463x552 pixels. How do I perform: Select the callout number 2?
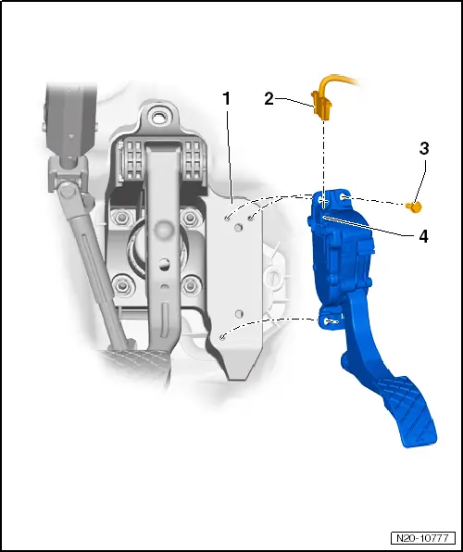269,98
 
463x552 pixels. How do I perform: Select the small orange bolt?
417,205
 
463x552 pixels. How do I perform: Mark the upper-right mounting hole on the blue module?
344,197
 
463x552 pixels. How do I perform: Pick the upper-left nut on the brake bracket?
119,219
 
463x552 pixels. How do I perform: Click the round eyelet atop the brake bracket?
162,117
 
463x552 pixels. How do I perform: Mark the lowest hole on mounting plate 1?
225,338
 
